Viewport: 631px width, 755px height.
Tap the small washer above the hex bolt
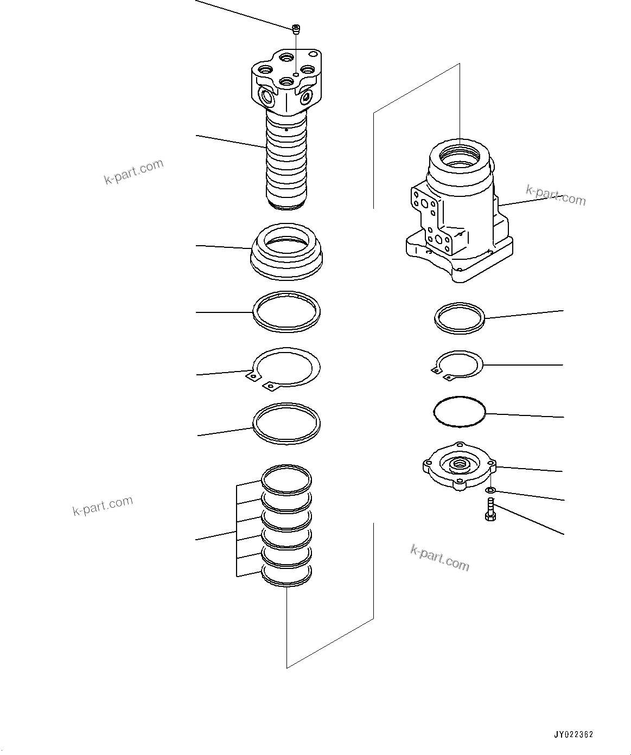click(490, 491)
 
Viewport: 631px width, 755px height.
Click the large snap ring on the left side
click(286, 369)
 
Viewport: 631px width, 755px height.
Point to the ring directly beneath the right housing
click(460, 318)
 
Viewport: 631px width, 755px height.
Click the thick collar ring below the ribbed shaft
click(286, 252)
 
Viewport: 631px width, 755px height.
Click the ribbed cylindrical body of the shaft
click(286, 165)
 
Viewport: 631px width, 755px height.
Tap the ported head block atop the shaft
click(286, 81)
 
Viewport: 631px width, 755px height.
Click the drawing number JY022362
click(573, 735)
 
